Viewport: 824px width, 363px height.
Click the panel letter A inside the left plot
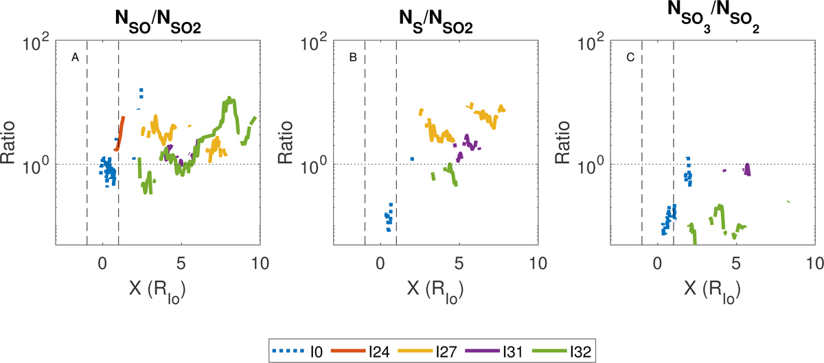(x=76, y=58)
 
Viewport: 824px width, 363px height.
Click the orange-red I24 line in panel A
(x=119, y=134)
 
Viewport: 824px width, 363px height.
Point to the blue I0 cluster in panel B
(x=389, y=218)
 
